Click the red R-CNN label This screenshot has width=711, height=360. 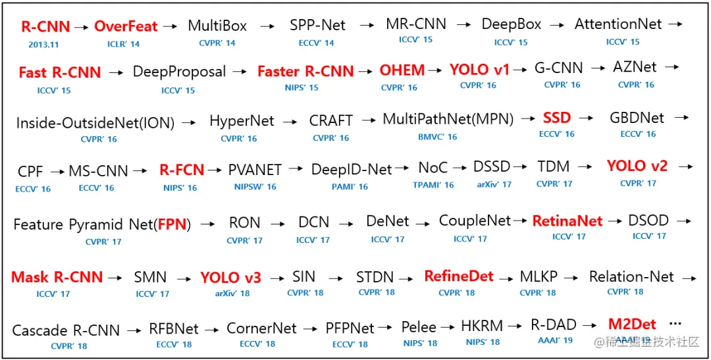(x=45, y=27)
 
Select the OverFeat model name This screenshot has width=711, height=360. (x=126, y=27)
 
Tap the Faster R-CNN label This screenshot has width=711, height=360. (x=305, y=71)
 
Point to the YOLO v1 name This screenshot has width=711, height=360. (x=479, y=70)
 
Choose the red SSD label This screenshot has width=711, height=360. (x=557, y=118)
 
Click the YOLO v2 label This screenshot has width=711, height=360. (x=637, y=166)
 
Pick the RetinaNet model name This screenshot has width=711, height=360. (x=567, y=221)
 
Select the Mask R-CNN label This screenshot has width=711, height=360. (x=57, y=277)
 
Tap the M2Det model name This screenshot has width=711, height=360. (x=632, y=324)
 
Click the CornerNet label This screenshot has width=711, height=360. (x=261, y=328)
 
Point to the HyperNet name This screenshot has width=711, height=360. (x=242, y=121)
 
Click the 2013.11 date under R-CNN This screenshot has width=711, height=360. (x=43, y=44)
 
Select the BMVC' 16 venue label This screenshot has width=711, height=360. (x=437, y=137)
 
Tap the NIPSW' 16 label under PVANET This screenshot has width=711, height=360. (x=255, y=187)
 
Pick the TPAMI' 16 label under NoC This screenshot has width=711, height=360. (x=433, y=186)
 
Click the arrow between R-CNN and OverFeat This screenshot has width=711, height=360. (x=82, y=28)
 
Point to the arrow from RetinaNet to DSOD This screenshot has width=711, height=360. (x=616, y=221)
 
